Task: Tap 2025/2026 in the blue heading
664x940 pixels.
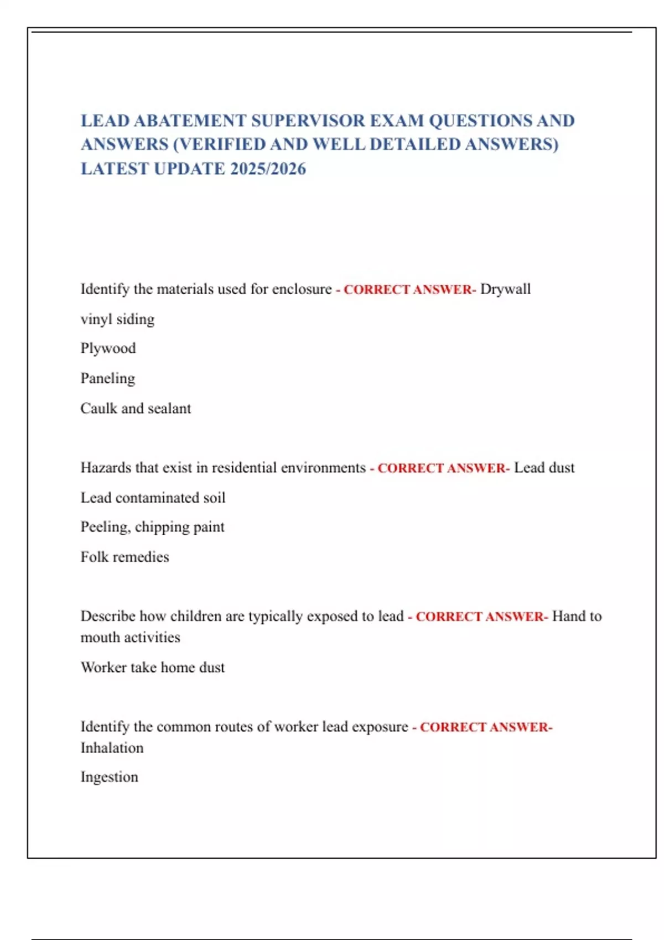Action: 268,169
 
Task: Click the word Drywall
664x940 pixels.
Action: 505,289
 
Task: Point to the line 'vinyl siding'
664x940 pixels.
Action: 117,319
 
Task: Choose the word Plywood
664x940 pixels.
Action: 108,348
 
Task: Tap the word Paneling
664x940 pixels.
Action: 108,378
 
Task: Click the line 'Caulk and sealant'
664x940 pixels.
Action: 136,409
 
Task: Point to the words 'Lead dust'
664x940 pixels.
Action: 544,468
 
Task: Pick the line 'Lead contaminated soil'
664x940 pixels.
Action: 153,498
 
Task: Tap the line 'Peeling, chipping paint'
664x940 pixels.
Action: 152,527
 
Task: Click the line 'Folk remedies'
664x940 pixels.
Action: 124,557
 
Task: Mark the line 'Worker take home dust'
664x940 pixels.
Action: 153,667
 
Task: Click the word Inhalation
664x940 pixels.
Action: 112,748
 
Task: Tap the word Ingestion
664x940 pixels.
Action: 109,777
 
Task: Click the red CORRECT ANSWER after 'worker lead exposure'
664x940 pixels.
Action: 485,727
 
